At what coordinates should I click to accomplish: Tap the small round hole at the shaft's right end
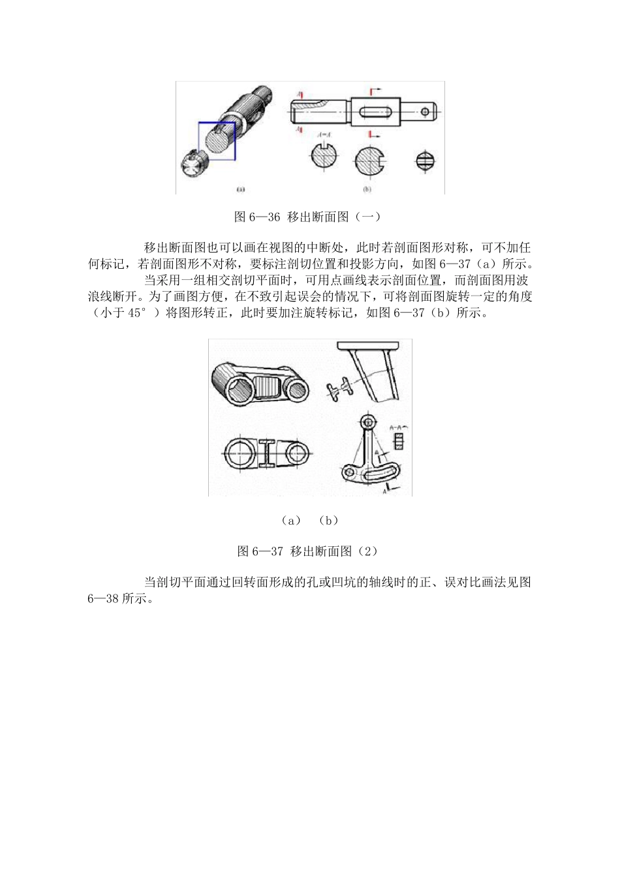click(425, 112)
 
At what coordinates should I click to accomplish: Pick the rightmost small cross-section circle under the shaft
click(424, 160)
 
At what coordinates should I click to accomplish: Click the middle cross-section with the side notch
click(369, 161)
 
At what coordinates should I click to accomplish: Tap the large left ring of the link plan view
click(242, 452)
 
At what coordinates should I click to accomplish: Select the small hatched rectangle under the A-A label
click(398, 442)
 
